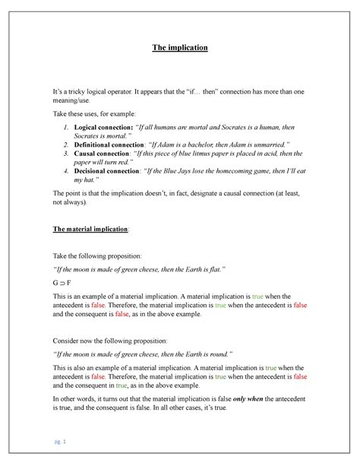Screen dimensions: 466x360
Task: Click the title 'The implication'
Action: click(x=180, y=48)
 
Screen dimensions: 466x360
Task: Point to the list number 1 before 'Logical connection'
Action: click(x=66, y=125)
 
